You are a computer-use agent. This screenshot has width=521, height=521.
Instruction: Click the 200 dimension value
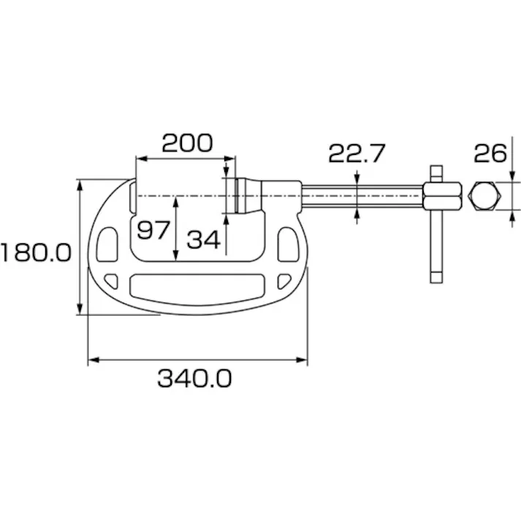(187, 142)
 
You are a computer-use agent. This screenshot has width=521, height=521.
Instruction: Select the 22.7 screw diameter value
(356, 153)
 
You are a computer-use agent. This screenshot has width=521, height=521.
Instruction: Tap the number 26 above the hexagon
(490, 153)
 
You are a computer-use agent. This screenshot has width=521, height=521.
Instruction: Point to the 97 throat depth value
(154, 230)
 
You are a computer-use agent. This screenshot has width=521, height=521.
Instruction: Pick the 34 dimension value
(203, 238)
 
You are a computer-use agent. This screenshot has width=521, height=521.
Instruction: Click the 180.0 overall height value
(35, 253)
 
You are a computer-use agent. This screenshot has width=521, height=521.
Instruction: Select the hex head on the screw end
(443, 197)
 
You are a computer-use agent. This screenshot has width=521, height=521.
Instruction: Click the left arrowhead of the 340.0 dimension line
(91, 360)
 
